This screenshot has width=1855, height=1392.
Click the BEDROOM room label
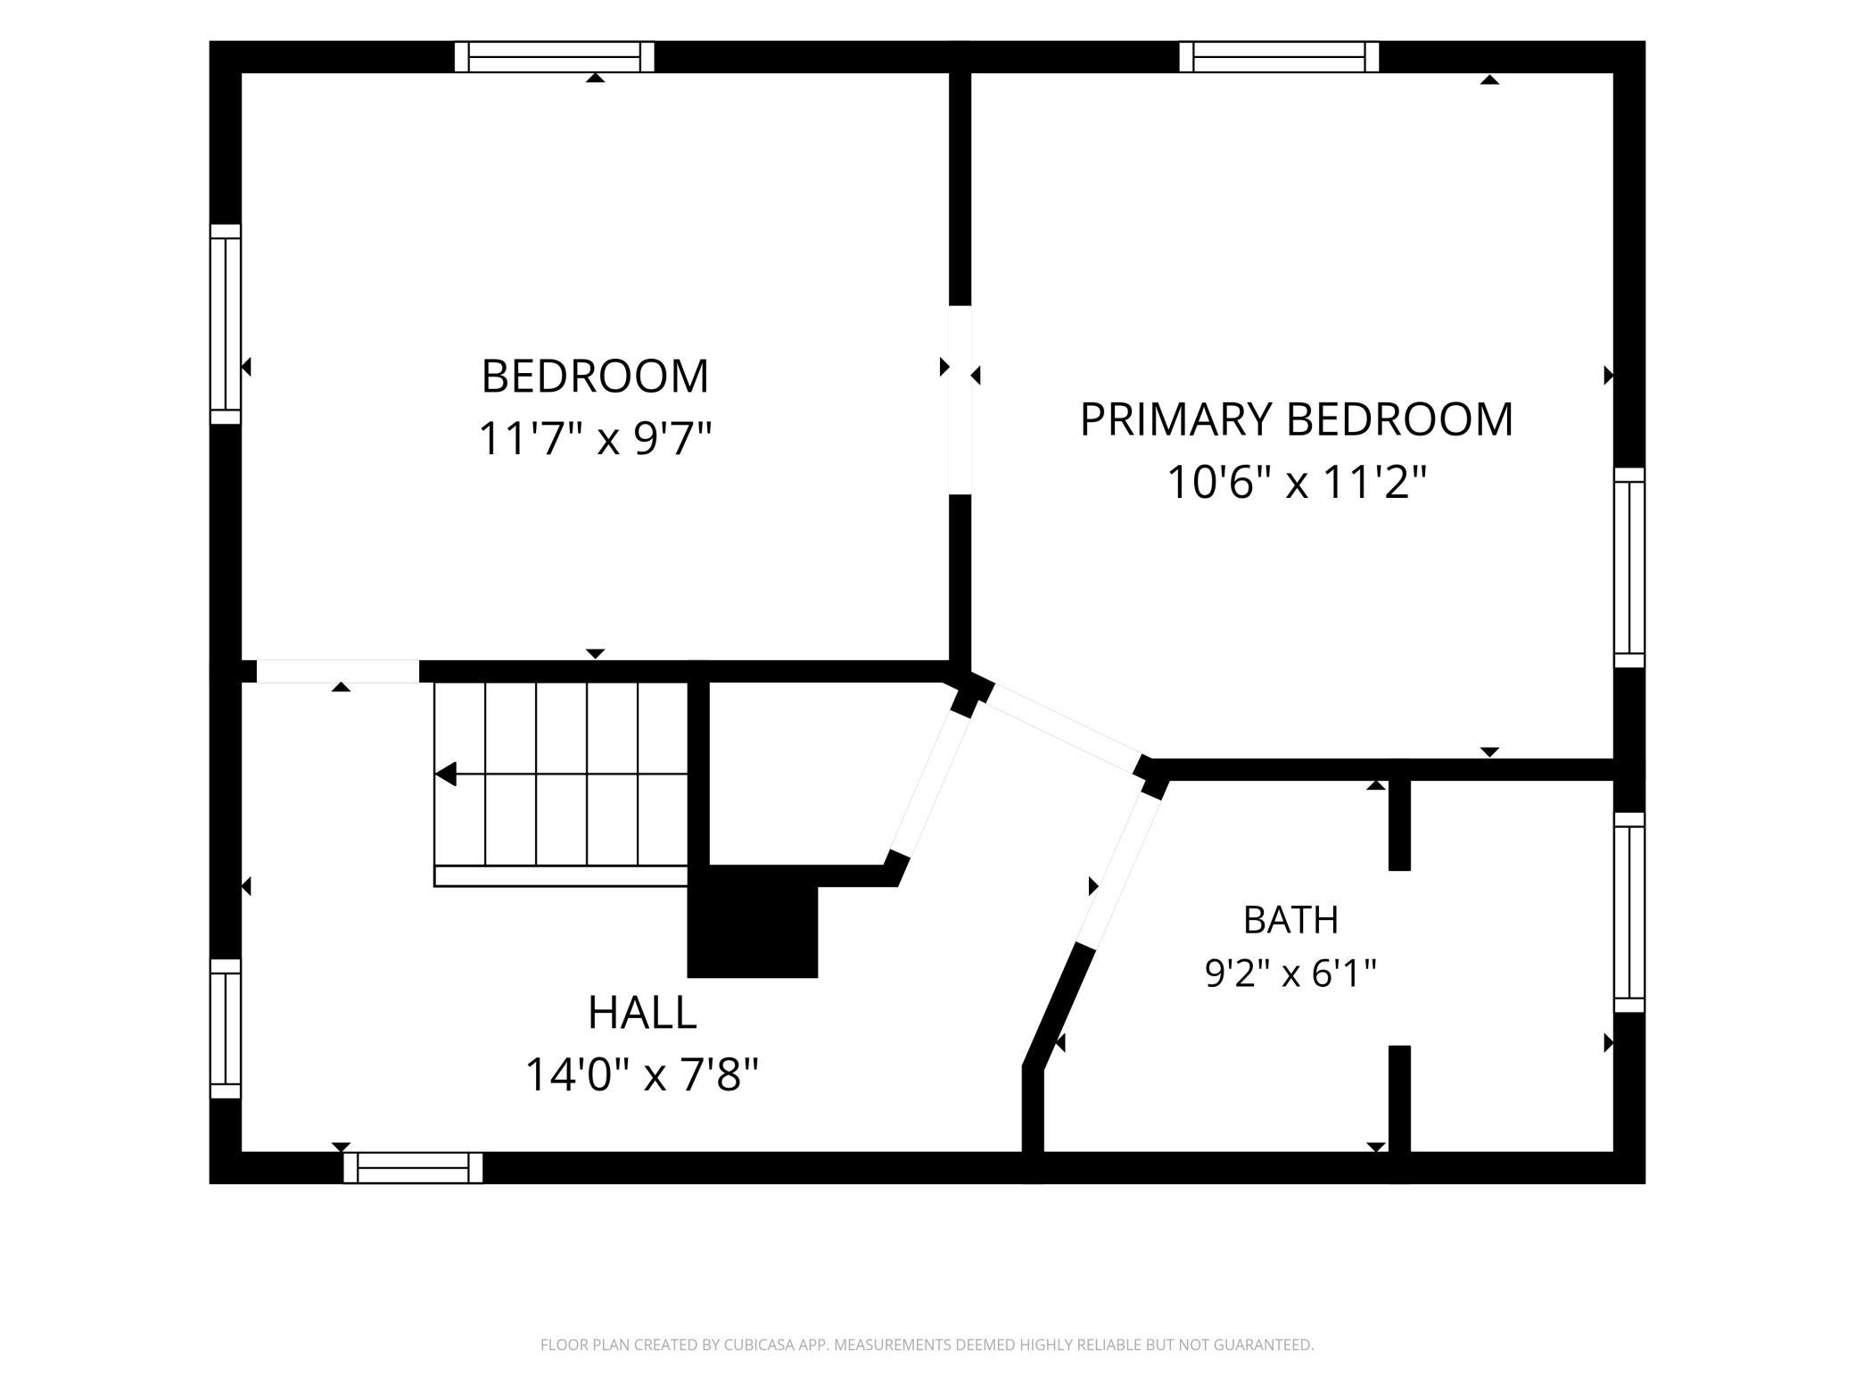tap(595, 377)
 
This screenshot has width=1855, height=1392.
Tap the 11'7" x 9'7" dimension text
tap(595, 439)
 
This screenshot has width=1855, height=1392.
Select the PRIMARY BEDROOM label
tap(1297, 419)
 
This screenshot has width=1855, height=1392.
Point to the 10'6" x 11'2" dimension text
tap(1297, 483)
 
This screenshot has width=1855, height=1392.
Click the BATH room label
tap(1290, 920)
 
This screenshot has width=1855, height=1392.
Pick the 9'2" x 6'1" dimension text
tap(1290, 973)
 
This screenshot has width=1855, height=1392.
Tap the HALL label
tap(642, 1013)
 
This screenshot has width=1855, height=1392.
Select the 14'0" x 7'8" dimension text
tap(642, 1074)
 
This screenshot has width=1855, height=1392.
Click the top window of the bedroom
tap(555, 57)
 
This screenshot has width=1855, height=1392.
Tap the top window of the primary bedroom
tap(1279, 57)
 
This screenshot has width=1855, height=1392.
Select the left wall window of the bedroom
tap(226, 324)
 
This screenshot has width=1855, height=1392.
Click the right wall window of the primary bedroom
tap(1629, 568)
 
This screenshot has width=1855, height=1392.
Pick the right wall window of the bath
tap(1629, 912)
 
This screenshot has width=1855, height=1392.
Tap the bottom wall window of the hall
tap(413, 1167)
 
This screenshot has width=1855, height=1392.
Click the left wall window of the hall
tap(226, 1029)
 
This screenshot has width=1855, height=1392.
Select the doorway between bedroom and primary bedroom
tap(960, 401)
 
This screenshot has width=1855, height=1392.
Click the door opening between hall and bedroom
tap(338, 671)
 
